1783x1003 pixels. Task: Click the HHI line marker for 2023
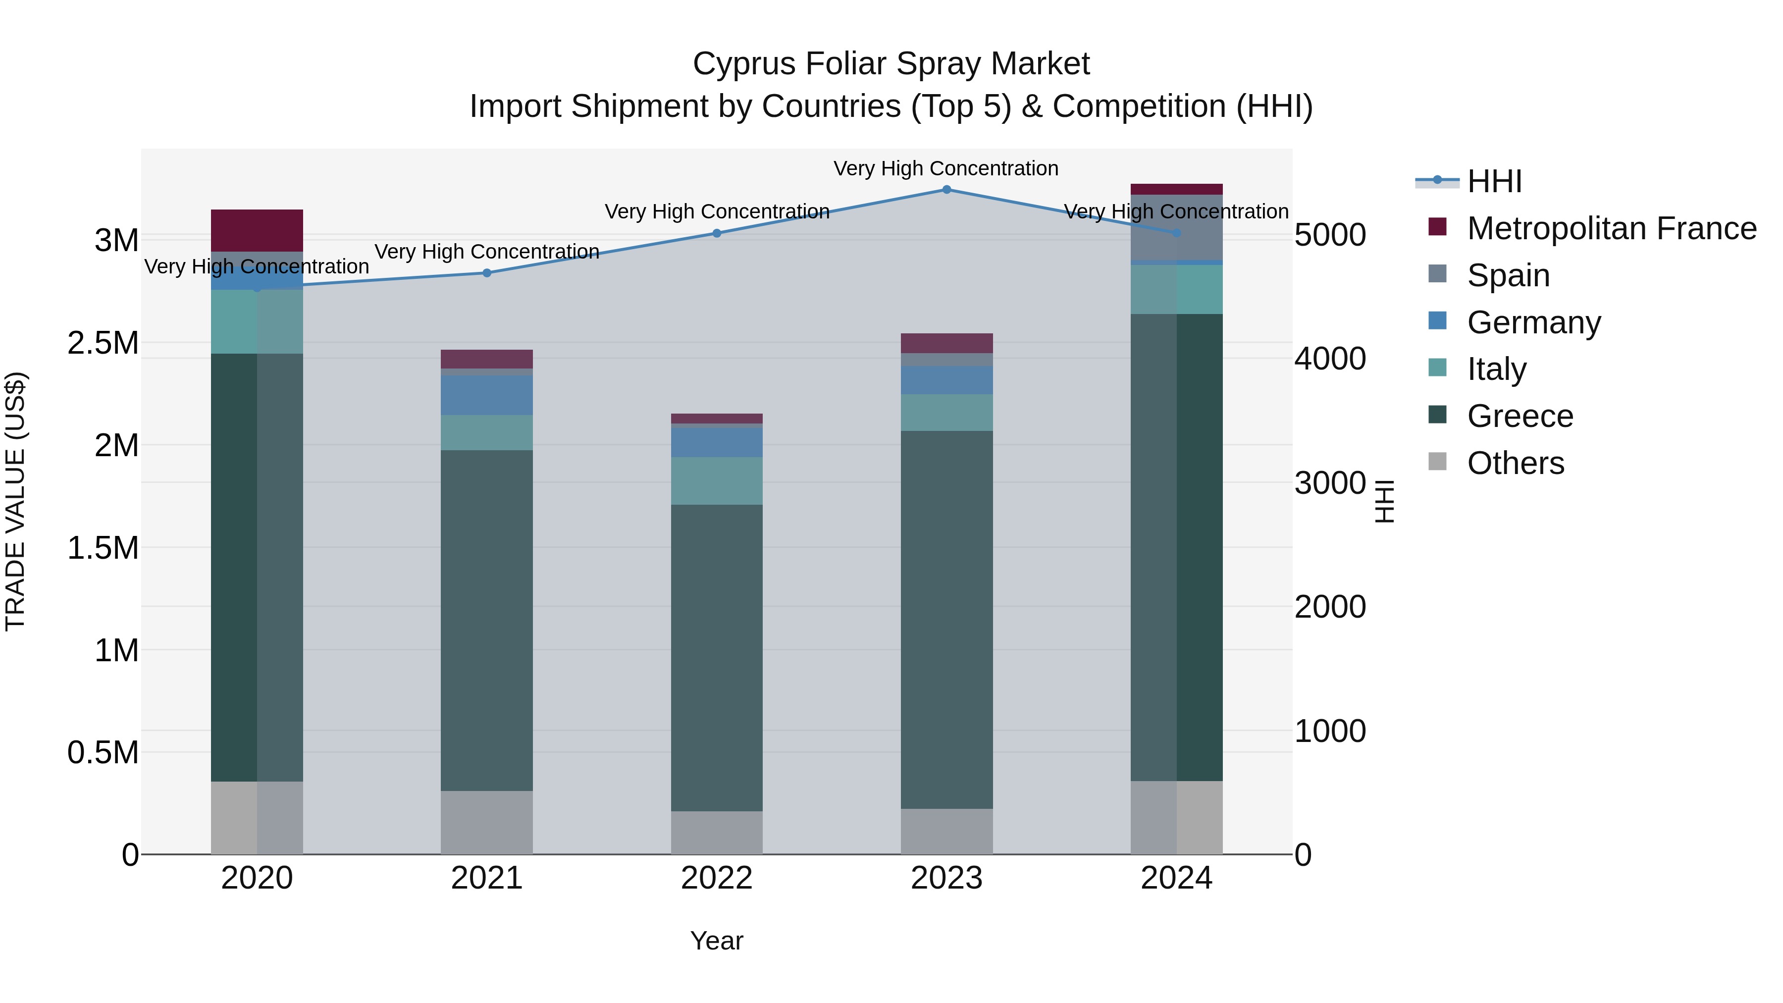click(946, 189)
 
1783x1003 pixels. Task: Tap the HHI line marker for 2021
click(486, 273)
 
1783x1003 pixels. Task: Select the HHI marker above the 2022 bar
click(716, 233)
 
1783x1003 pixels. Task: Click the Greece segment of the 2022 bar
click(716, 658)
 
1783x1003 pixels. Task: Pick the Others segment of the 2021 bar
click(486, 822)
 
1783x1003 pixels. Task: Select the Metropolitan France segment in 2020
click(257, 230)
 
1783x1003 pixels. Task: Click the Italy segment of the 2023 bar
click(946, 413)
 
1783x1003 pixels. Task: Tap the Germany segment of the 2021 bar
click(486, 395)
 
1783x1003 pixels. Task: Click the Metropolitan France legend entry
click(1611, 228)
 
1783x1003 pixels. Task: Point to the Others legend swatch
click(1438, 462)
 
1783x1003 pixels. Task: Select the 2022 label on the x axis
click(716, 878)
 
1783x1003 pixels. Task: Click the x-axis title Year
click(716, 941)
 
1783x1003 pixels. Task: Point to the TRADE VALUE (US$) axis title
click(15, 501)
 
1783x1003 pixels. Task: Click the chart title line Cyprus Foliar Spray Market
click(891, 64)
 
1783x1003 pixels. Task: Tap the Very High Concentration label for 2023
click(945, 168)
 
